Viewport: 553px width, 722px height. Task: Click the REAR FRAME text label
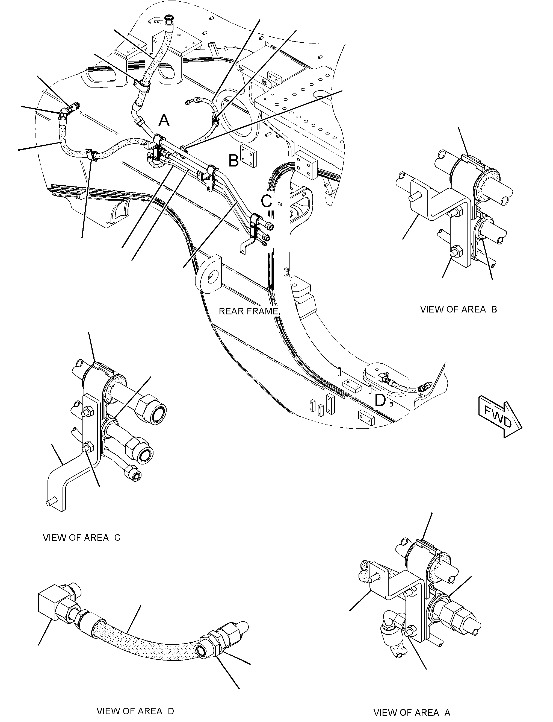tap(249, 311)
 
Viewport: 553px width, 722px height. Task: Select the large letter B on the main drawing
tap(233, 161)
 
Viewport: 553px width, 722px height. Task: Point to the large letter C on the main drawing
tap(267, 201)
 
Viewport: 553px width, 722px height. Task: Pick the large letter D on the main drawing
tap(380, 401)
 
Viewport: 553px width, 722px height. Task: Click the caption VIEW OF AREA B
tap(459, 309)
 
